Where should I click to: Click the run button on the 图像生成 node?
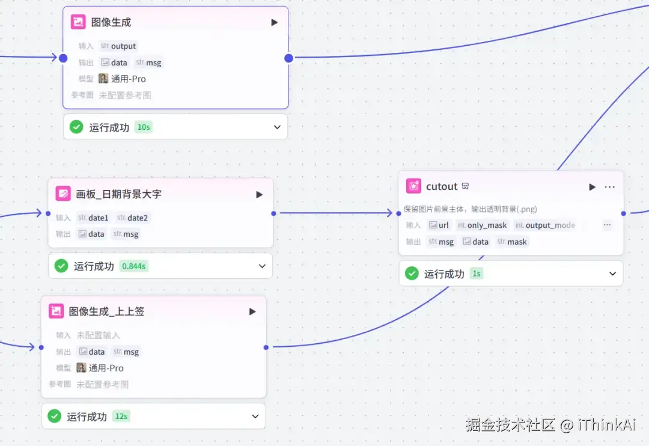(274, 22)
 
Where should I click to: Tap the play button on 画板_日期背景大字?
(259, 194)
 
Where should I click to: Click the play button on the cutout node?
(592, 187)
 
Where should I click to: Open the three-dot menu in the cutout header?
(609, 187)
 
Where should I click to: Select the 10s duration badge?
(144, 127)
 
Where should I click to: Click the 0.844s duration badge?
(133, 266)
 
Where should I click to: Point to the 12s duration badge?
(121, 416)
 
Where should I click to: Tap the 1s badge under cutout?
(477, 273)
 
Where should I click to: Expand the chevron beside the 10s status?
(277, 127)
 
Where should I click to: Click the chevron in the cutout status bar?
(612, 273)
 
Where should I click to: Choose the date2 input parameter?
(132, 218)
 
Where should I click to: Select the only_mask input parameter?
(483, 225)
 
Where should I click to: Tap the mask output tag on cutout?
(512, 242)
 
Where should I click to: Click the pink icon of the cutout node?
(413, 186)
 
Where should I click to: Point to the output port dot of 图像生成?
(288, 58)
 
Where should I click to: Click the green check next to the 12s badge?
(54, 416)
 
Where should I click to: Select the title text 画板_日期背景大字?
(118, 194)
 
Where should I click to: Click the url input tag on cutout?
(439, 225)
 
